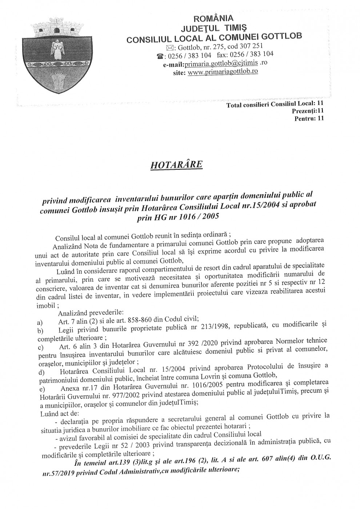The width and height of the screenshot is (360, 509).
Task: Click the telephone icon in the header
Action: [160, 56]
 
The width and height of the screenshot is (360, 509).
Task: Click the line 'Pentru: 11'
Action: [309, 118]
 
